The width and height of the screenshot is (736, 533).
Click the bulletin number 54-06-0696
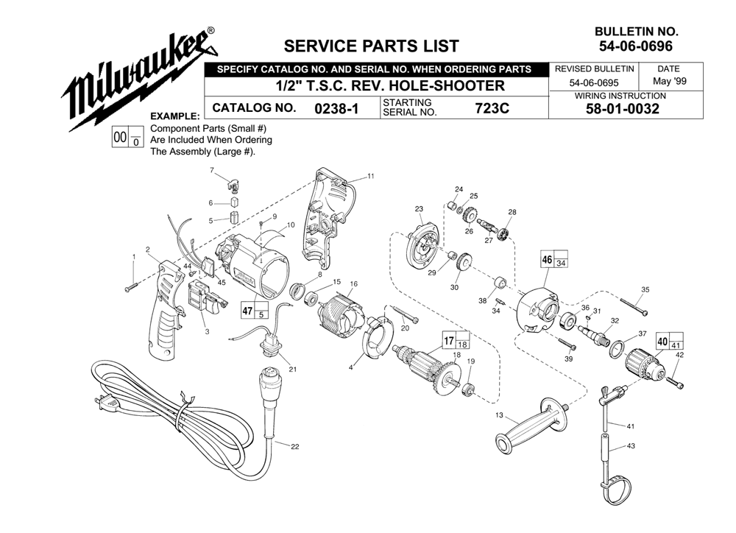636,46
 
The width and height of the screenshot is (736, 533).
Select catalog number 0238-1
336,108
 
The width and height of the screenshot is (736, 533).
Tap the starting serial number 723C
492,108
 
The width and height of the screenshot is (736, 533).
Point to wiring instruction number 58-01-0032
623,109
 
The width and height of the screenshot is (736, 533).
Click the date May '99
669,81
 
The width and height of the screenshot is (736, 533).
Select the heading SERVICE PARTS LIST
371,46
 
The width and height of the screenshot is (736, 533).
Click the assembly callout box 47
254,311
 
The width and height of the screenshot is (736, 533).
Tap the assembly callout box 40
670,341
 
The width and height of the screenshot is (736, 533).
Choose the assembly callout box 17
456,340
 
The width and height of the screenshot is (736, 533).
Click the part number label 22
295,447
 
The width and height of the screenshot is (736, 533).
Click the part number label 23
419,209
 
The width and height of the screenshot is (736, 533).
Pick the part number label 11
371,176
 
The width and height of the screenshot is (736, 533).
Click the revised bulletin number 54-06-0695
594,83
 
